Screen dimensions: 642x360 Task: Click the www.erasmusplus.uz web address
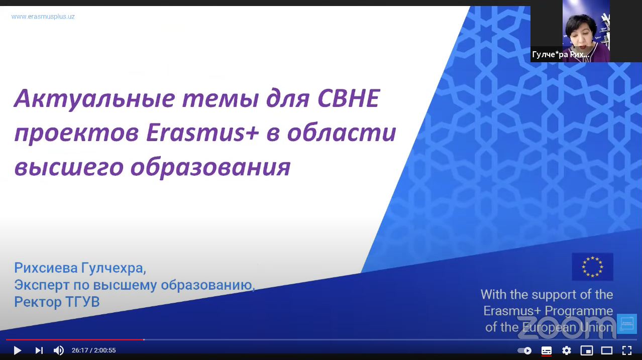43,17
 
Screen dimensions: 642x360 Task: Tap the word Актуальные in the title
94,98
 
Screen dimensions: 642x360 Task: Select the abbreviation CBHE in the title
349,98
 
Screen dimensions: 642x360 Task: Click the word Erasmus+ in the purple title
202,133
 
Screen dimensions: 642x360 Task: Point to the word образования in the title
210,167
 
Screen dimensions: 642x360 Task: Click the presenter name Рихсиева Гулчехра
80,268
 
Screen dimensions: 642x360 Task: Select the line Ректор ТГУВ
57,302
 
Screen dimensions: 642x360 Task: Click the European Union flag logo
592,267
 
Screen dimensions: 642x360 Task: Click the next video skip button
39,350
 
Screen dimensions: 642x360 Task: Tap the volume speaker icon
59,350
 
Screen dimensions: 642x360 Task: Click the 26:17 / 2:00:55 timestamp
94,350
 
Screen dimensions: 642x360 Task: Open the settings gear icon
567,350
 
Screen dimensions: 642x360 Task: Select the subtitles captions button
547,350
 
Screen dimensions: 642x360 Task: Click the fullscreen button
627,350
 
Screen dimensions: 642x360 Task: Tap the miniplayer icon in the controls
587,350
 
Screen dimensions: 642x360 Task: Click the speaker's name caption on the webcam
561,54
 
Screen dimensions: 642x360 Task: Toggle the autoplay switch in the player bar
524,350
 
